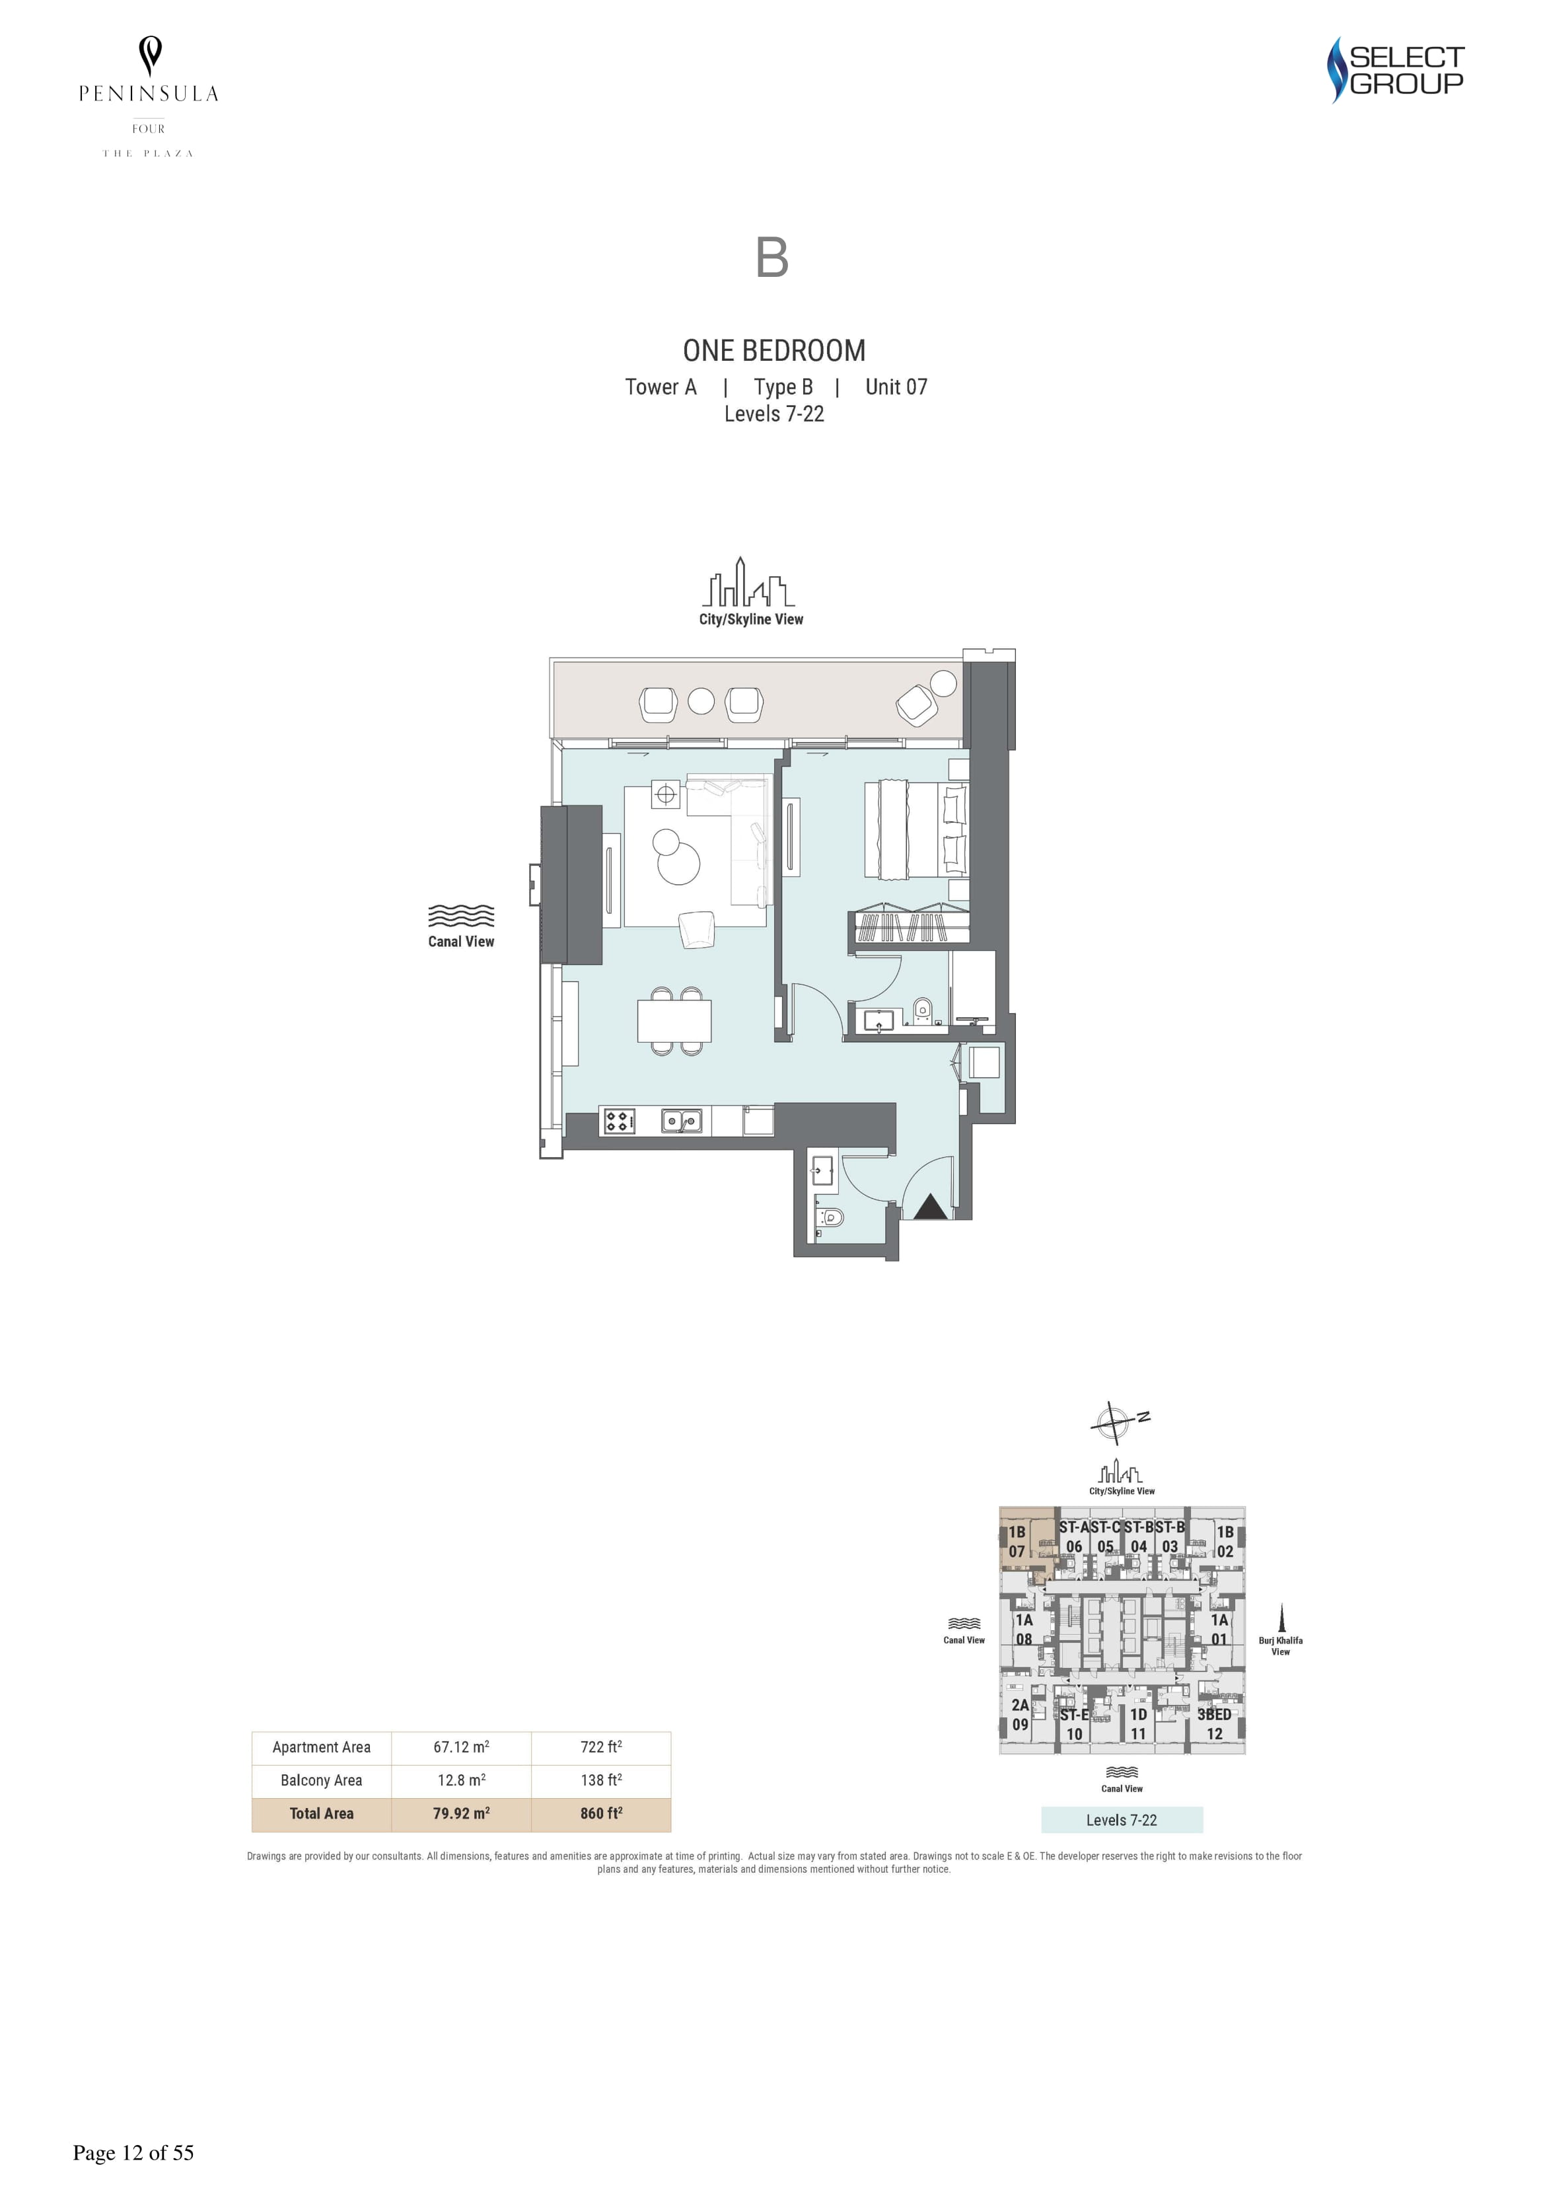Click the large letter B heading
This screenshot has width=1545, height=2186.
coord(772,258)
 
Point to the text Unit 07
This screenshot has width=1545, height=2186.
coord(896,387)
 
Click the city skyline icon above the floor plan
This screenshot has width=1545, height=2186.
coord(748,582)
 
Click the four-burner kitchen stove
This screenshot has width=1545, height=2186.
coord(619,1121)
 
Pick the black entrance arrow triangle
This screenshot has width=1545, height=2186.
coord(930,1207)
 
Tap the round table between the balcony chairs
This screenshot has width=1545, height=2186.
coord(701,700)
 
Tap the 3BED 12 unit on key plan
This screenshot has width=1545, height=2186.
coord(1215,1724)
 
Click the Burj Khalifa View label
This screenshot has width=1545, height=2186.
coord(1280,1646)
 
